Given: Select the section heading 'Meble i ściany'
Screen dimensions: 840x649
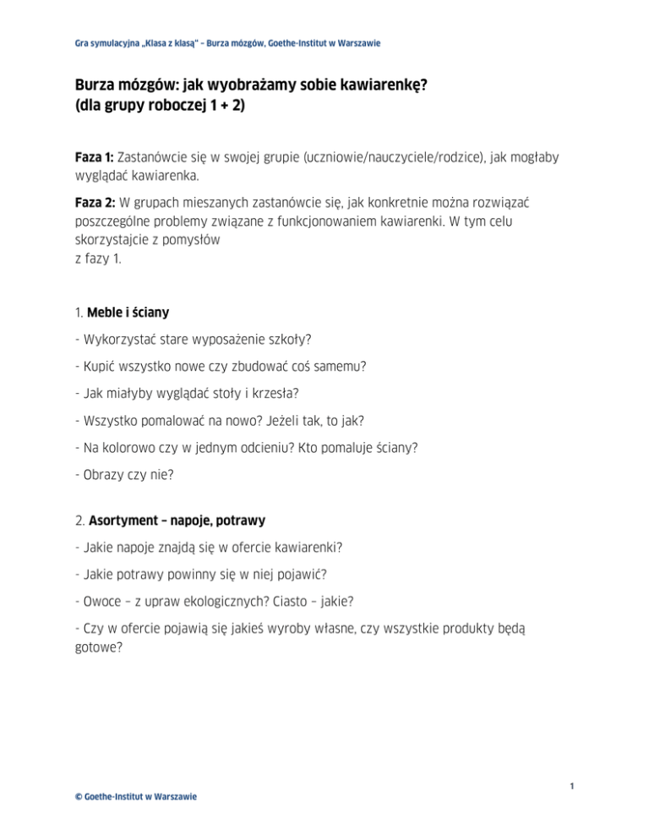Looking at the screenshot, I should click(128, 312).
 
